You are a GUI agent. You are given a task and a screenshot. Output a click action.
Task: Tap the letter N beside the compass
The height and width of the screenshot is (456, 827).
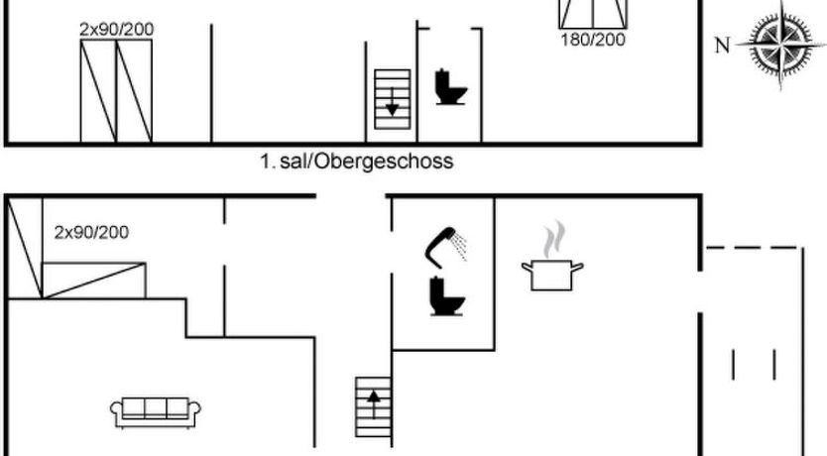722,44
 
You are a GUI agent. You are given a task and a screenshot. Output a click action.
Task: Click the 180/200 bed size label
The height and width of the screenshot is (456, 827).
594,41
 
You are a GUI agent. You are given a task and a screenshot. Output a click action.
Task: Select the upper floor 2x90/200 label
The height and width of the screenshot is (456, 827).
116,30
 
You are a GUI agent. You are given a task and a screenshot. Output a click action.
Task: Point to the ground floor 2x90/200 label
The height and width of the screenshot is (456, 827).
91,233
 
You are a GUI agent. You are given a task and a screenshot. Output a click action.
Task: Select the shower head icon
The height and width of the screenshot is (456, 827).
447,244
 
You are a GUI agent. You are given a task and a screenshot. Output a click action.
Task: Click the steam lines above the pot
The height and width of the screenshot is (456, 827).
553,240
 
